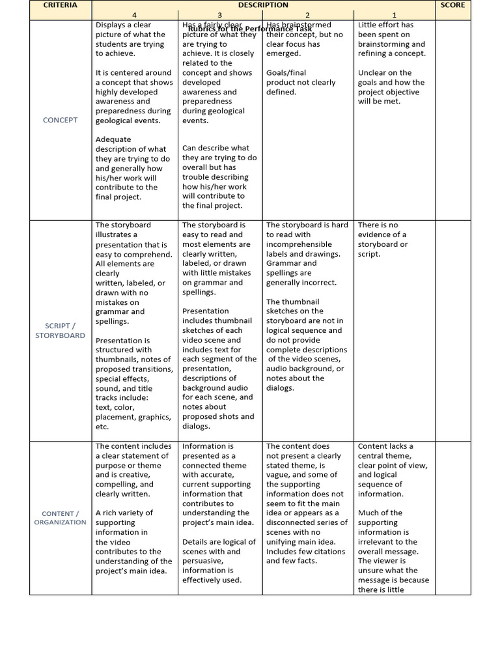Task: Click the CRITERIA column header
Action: pyautogui.click(x=60, y=5)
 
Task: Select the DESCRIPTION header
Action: pyautogui.click(x=263, y=5)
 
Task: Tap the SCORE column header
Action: pyautogui.click(x=452, y=5)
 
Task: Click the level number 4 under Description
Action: pyautogui.click(x=134, y=15)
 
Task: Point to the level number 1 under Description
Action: pyautogui.click(x=394, y=15)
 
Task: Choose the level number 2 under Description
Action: pyautogui.click(x=307, y=15)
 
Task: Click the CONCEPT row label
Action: pyautogui.click(x=60, y=120)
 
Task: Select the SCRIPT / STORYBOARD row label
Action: pyautogui.click(x=60, y=330)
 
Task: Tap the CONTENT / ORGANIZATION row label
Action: pyautogui.click(x=60, y=518)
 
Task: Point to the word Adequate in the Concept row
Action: pyautogui.click(x=113, y=139)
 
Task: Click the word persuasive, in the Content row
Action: pyautogui.click(x=202, y=561)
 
